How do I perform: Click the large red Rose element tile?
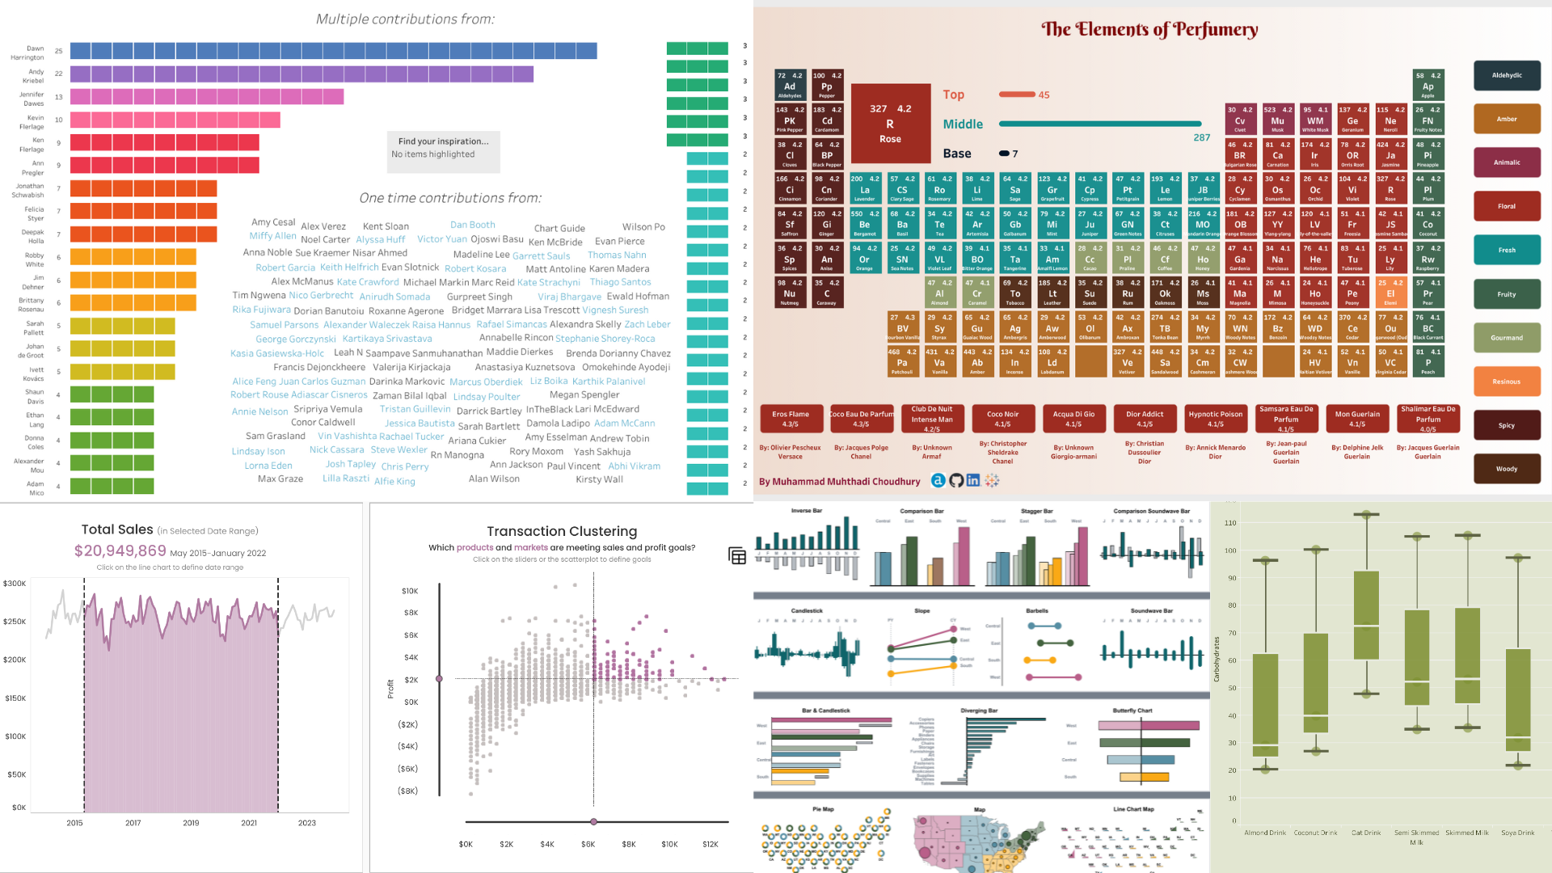click(x=890, y=124)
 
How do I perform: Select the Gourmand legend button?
click(x=1506, y=338)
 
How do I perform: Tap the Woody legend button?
click(x=1506, y=469)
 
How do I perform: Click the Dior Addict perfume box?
click(x=1144, y=419)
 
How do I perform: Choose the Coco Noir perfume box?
click(x=1002, y=419)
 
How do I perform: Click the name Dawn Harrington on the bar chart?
click(x=28, y=53)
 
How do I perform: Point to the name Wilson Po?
click(x=643, y=227)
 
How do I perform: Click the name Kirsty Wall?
click(x=599, y=479)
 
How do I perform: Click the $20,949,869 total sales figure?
click(x=120, y=551)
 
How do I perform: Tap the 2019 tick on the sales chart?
click(x=191, y=823)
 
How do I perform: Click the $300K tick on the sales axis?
click(x=15, y=584)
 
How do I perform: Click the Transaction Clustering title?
click(x=562, y=532)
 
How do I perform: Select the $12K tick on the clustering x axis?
click(x=710, y=845)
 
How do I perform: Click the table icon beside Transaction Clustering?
click(x=736, y=556)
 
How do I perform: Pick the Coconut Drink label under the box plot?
click(x=1315, y=833)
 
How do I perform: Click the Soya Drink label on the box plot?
click(x=1517, y=833)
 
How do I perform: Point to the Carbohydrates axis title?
click(x=1217, y=659)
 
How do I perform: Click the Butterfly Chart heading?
click(x=1132, y=711)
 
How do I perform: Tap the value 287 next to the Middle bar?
click(x=1202, y=137)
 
